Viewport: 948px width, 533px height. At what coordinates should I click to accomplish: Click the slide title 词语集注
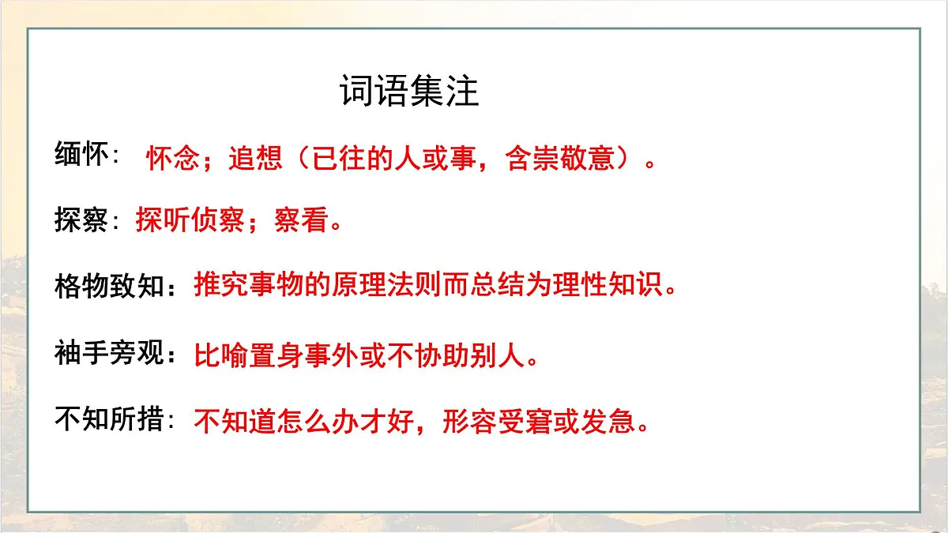pyautogui.click(x=409, y=92)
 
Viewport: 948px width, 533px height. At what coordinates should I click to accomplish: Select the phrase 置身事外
pyautogui.click(x=304, y=355)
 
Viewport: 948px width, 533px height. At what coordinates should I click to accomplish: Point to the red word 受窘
pyautogui.click(x=525, y=422)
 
